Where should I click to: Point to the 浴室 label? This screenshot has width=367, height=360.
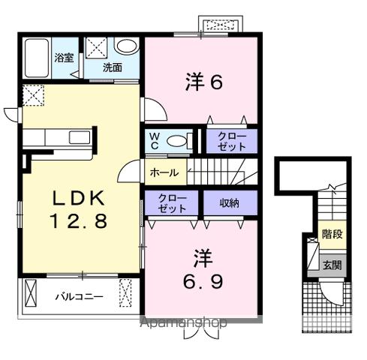[x=63, y=58]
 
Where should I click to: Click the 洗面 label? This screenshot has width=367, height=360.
[x=112, y=67]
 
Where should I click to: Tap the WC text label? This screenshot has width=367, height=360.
[x=153, y=141]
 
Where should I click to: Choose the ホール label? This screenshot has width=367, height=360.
[x=164, y=172]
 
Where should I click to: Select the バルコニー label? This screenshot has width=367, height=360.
[x=78, y=295]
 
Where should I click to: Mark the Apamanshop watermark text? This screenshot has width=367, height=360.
[x=183, y=323]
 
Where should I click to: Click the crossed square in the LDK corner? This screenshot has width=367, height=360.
[x=32, y=95]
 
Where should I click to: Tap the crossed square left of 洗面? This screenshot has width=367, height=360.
[x=95, y=49]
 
